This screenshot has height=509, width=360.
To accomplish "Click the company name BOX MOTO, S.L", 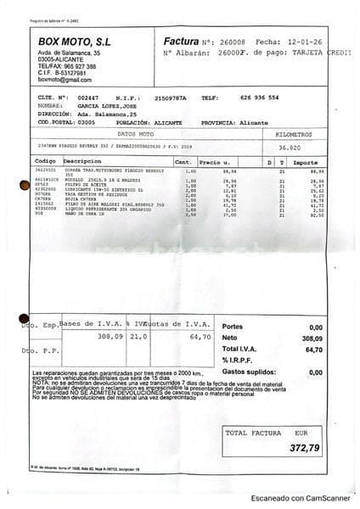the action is tap(75, 41).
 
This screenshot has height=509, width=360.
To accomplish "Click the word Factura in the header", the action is tap(180, 40).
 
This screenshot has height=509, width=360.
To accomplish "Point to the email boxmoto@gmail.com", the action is tap(62, 78).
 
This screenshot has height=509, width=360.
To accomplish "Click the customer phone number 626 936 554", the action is tap(259, 98).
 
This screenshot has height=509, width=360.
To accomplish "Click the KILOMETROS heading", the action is tap(293, 134).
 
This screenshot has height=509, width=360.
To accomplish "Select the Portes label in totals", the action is tap(232, 327).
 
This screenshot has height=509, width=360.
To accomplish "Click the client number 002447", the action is tap(87, 98).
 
